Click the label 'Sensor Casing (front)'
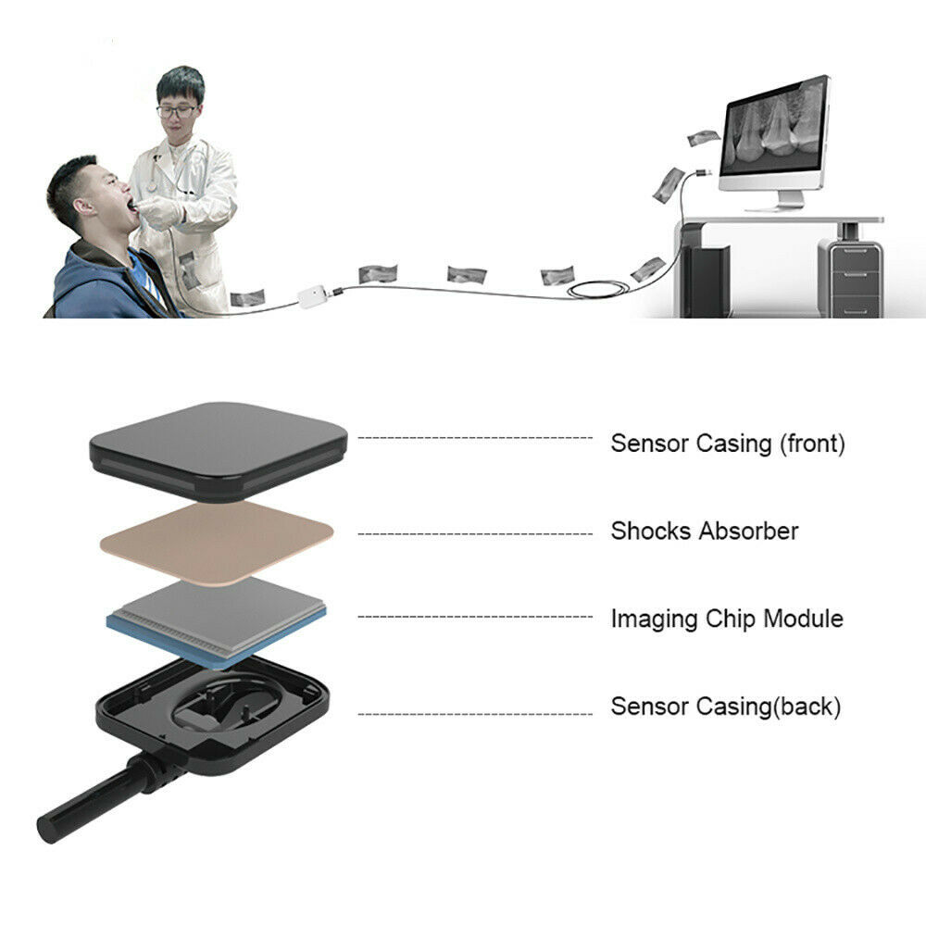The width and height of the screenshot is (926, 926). pos(727,444)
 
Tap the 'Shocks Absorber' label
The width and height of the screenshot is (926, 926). pos(704,532)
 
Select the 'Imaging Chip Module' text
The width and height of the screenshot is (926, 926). pos(726,619)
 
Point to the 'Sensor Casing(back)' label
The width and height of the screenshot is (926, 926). pos(725,707)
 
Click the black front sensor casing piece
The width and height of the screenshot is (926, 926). pos(219,449)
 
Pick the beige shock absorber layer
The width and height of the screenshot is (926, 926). pos(217,543)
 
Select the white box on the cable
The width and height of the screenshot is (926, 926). pos(312,296)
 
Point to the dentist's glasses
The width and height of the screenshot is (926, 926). pos(176,111)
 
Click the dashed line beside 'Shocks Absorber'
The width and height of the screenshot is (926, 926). pos(474,533)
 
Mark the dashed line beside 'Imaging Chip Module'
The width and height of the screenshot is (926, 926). pos(474,617)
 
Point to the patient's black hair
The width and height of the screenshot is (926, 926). pos(74,176)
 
